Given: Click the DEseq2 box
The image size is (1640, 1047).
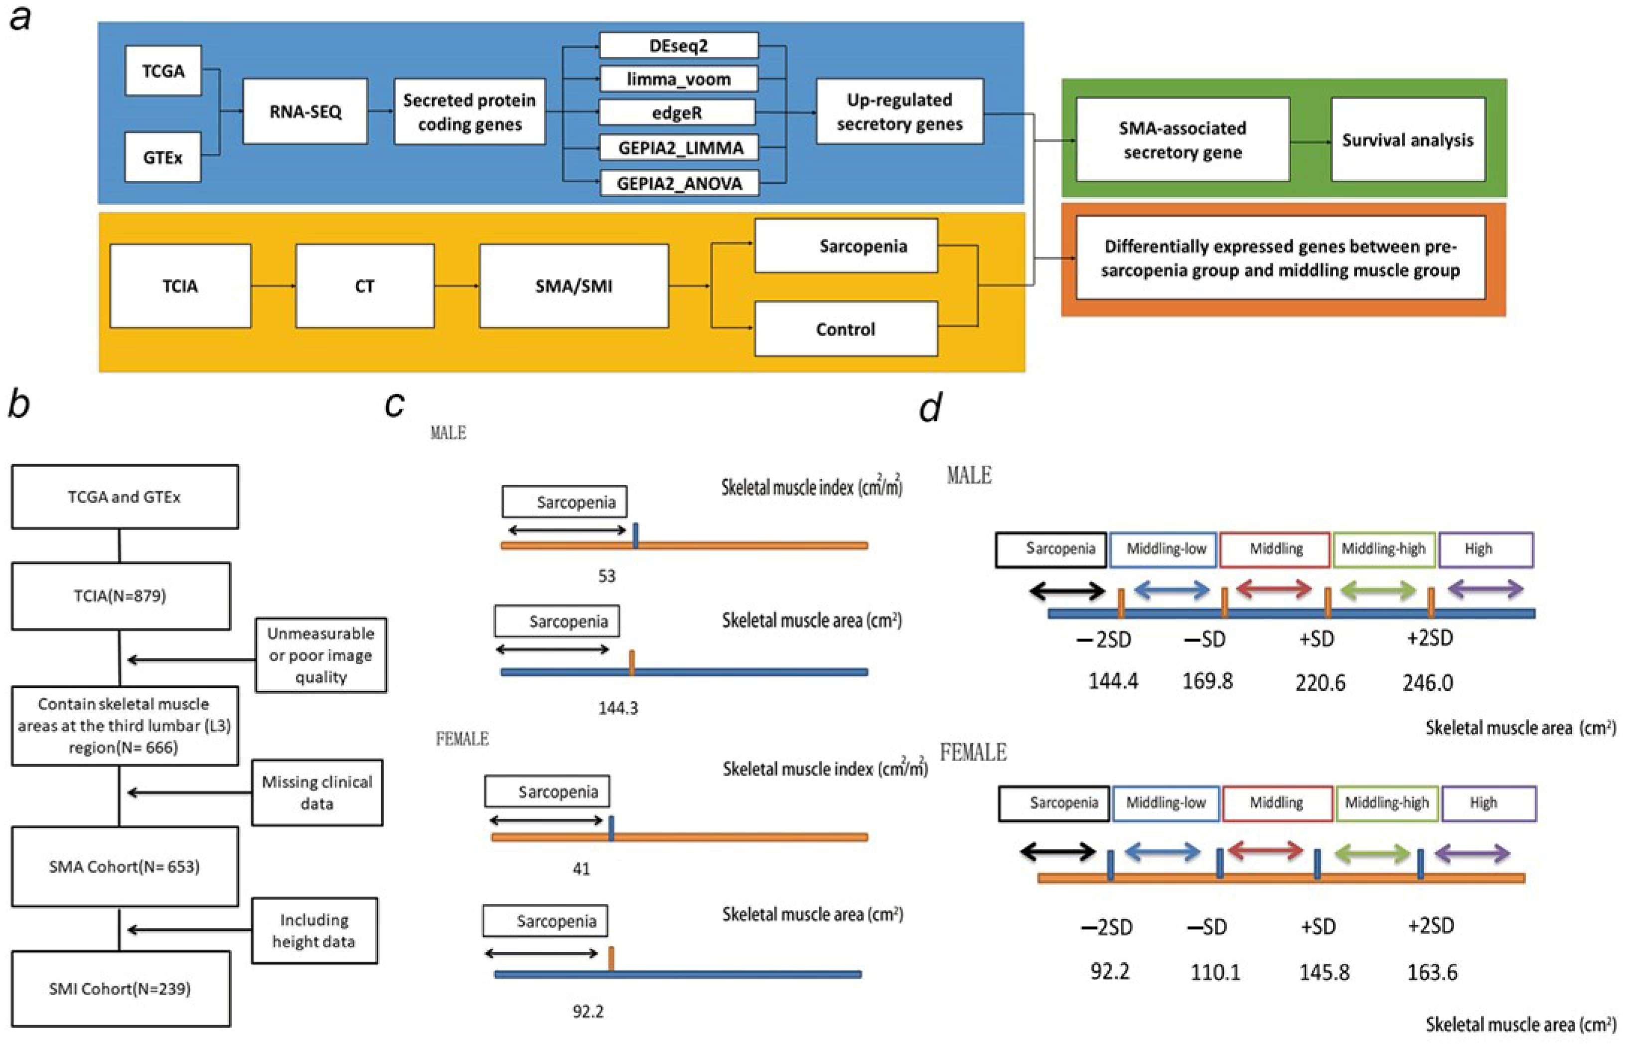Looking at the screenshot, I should click(678, 46).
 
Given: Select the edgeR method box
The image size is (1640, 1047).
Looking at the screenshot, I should click(676, 113).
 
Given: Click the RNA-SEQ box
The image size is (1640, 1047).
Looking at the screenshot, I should click(305, 111).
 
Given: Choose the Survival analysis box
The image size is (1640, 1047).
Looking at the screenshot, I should click(1407, 139).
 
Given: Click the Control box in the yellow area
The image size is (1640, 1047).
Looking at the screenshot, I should click(845, 329).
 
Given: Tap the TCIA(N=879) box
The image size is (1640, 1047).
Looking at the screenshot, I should click(120, 596).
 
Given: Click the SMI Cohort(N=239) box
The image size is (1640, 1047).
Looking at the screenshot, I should click(120, 988).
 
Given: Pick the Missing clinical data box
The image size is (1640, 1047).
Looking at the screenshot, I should click(317, 792).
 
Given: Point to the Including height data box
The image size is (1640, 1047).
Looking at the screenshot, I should click(314, 930).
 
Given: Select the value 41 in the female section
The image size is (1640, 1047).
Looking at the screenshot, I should click(581, 869).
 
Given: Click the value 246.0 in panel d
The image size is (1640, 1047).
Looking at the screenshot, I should click(1428, 682).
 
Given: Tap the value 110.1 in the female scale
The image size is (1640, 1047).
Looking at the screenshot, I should click(1215, 972).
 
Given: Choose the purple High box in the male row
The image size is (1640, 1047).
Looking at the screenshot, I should click(1486, 549).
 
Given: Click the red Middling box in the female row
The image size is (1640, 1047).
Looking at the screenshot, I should click(1276, 803).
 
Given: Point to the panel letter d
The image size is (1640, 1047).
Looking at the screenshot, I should click(930, 408).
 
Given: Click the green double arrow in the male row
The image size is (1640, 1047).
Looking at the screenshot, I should click(1378, 590).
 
